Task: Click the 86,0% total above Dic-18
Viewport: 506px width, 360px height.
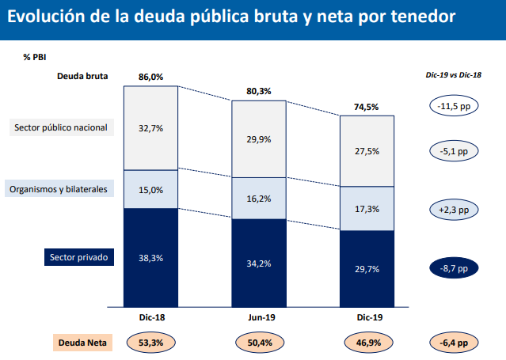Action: pos(150,78)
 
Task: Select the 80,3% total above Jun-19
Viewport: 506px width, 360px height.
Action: pos(259,92)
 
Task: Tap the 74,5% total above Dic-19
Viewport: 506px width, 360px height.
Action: pos(367,107)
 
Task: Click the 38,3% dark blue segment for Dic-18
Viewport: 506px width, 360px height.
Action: pos(150,258)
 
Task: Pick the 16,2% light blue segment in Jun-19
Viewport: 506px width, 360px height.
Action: pos(259,199)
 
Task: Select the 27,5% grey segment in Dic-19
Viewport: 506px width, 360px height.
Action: pos(367,151)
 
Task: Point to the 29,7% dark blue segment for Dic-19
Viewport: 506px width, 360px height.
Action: pos(367,269)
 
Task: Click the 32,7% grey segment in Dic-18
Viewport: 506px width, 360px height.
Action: pos(150,127)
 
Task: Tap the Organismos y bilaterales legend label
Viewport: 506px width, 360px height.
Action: pos(59,189)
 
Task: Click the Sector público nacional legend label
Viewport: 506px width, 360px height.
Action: pos(60,127)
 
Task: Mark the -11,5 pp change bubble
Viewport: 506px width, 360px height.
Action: pos(453,106)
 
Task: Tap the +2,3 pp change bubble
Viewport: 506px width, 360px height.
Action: pos(453,210)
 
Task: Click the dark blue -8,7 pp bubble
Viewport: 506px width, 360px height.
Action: pos(453,269)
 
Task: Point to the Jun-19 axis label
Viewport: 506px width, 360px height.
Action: pos(259,316)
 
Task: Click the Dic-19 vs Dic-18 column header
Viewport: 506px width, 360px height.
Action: pos(453,74)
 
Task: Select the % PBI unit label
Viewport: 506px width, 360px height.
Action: pos(35,57)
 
